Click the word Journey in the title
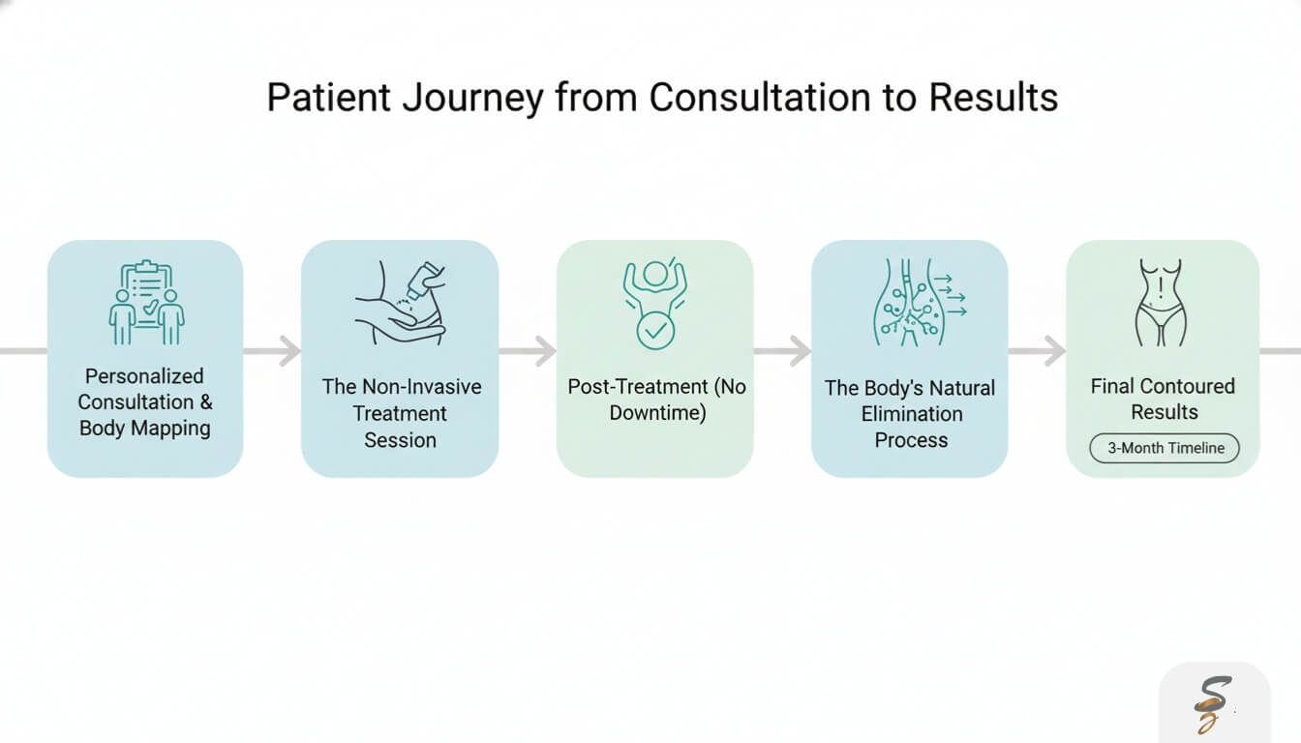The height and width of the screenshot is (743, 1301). [x=472, y=99]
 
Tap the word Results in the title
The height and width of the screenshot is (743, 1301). [x=993, y=97]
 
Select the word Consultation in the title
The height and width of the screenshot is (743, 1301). [x=760, y=97]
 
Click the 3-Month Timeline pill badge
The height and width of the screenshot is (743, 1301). [x=1165, y=448]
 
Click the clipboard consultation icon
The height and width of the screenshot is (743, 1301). [x=146, y=302]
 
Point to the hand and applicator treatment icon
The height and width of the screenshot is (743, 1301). [x=401, y=302]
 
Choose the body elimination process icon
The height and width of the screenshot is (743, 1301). [x=919, y=302]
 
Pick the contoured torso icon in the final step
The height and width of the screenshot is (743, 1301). [x=1161, y=302]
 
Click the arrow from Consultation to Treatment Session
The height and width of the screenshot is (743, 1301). [x=272, y=350]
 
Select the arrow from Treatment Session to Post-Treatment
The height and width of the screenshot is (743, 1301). [x=528, y=350]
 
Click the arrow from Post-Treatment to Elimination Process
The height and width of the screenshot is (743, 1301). [x=782, y=350]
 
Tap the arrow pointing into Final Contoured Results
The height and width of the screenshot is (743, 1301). [x=1038, y=350]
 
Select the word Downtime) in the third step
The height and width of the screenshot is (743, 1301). [x=657, y=413]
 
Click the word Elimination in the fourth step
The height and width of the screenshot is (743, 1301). [x=911, y=414]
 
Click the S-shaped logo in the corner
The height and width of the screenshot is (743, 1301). [x=1212, y=704]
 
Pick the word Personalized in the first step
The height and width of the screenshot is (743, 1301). [x=144, y=376]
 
